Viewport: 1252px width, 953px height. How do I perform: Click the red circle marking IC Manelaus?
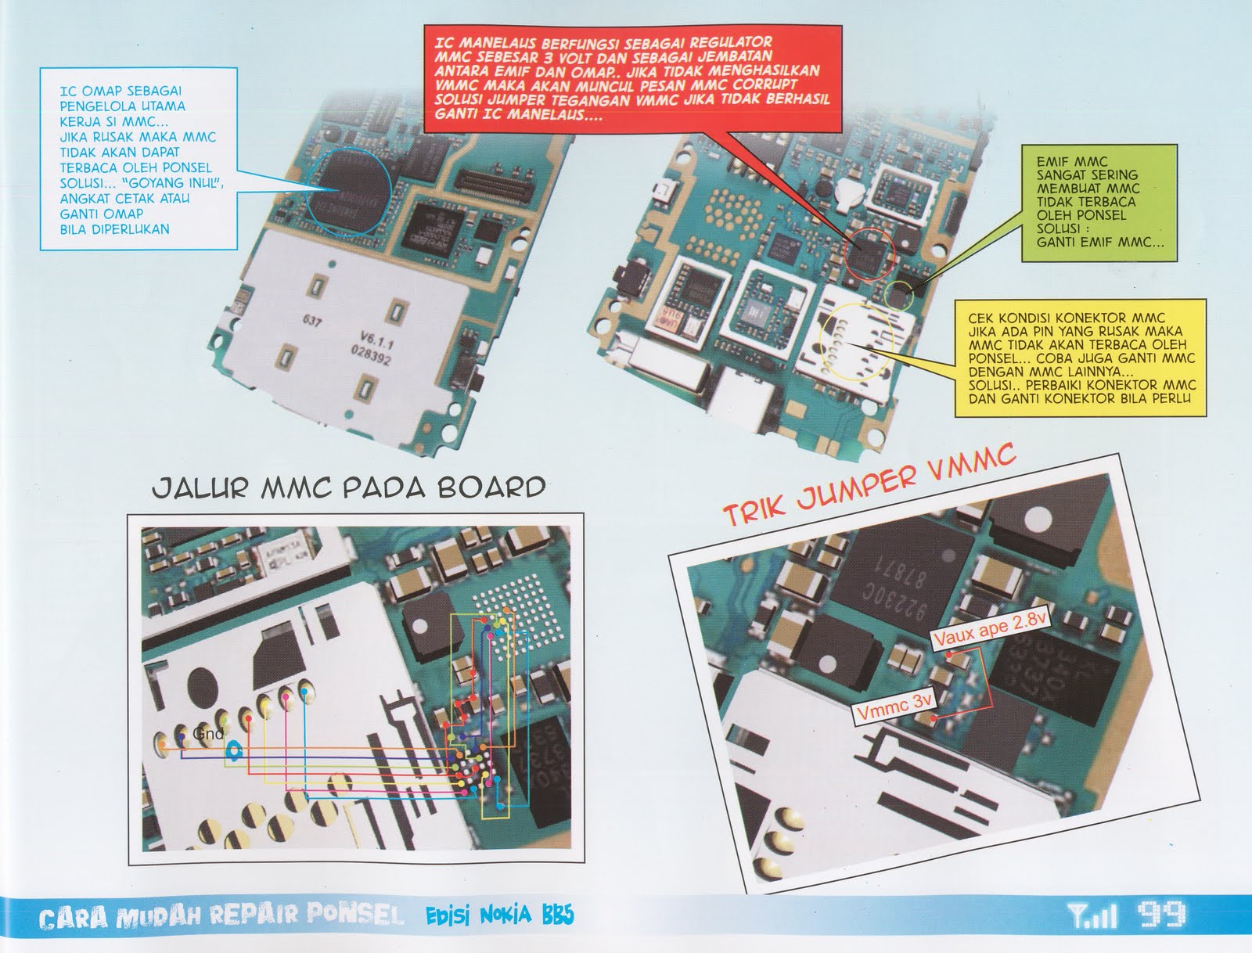[871, 255]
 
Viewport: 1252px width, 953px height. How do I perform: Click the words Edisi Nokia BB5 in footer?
[499, 915]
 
